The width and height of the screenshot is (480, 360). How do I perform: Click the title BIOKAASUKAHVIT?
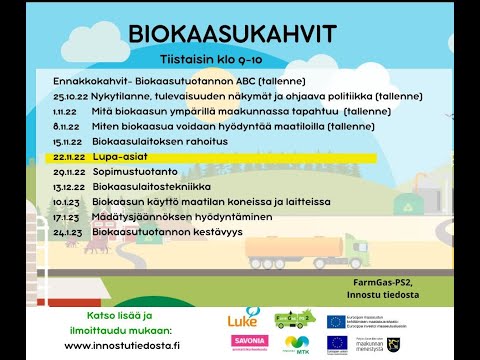(233, 35)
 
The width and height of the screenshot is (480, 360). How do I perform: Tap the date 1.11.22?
(66, 113)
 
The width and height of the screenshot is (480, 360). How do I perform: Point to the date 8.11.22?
(66, 127)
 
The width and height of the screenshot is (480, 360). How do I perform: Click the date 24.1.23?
(67, 232)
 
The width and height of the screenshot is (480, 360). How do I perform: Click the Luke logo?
(244, 319)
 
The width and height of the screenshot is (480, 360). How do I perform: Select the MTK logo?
(297, 343)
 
